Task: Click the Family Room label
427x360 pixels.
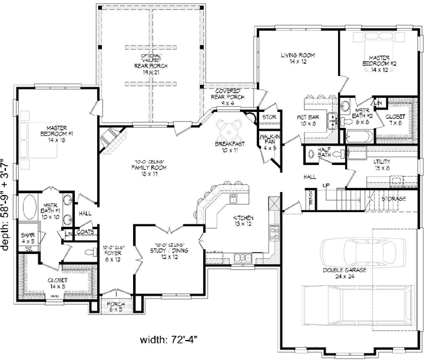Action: point(150,168)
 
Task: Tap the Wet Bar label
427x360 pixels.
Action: point(309,121)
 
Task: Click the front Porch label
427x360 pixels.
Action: point(115,306)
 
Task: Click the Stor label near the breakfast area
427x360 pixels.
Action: point(269,117)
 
